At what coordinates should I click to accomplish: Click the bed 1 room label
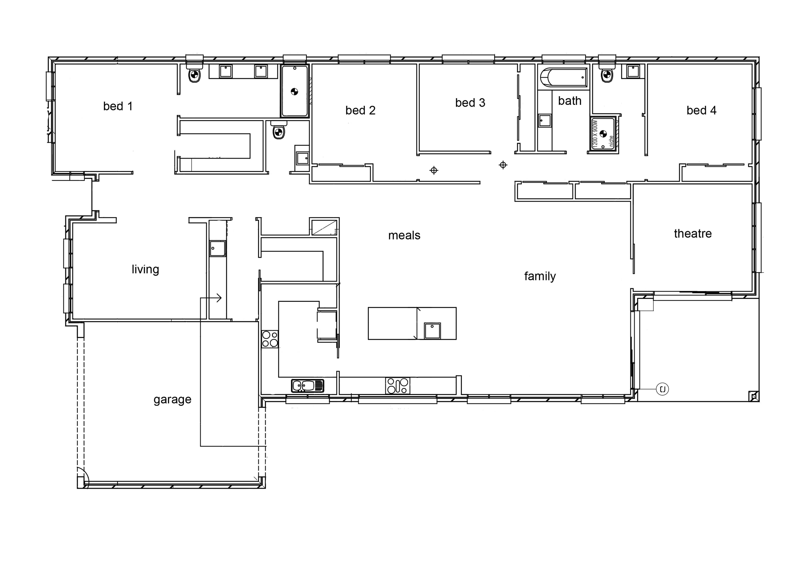click(x=118, y=106)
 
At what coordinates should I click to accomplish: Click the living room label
click(x=145, y=269)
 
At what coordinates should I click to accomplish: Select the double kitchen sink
click(x=307, y=386)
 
